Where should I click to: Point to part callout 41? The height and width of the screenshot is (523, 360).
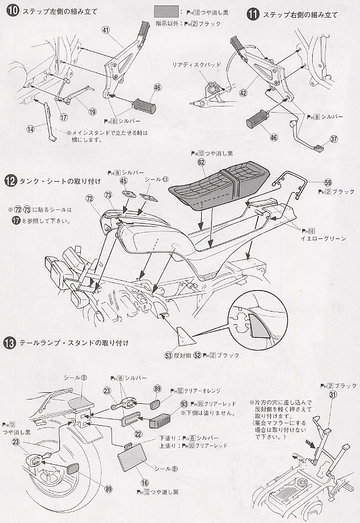pyautogui.click(x=106, y=31)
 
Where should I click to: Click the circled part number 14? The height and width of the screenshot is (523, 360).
pyautogui.click(x=30, y=129)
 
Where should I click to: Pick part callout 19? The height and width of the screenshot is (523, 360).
pyautogui.click(x=92, y=110)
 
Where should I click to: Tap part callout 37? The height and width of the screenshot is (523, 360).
pyautogui.click(x=335, y=138)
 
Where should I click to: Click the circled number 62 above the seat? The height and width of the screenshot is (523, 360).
pyautogui.click(x=201, y=162)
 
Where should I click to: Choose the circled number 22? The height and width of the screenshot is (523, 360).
pyautogui.click(x=139, y=434)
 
